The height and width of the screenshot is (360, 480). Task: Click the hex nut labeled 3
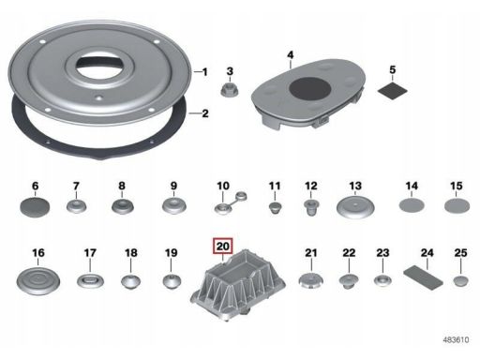click(x=230, y=90)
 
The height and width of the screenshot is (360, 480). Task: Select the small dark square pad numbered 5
click(x=393, y=90)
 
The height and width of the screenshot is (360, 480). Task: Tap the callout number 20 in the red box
click(x=223, y=247)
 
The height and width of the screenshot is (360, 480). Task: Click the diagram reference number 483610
click(x=456, y=339)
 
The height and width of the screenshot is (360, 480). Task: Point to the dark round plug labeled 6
click(x=35, y=206)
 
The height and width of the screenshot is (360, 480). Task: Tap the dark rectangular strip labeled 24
click(x=423, y=277)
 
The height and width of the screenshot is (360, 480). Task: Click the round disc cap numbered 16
click(x=38, y=280)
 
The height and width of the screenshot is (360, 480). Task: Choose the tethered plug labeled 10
click(x=231, y=203)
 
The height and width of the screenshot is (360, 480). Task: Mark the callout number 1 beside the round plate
click(x=204, y=72)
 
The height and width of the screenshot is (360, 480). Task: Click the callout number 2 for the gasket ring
click(x=205, y=113)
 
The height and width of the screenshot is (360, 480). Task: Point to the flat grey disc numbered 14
click(x=412, y=205)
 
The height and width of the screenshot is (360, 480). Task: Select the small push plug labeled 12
click(x=311, y=207)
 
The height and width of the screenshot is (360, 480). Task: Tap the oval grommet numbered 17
click(x=90, y=280)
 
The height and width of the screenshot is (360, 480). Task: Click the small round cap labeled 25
click(x=460, y=280)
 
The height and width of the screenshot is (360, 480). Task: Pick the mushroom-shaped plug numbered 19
click(x=172, y=281)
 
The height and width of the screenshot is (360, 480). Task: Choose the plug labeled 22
click(x=349, y=281)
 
